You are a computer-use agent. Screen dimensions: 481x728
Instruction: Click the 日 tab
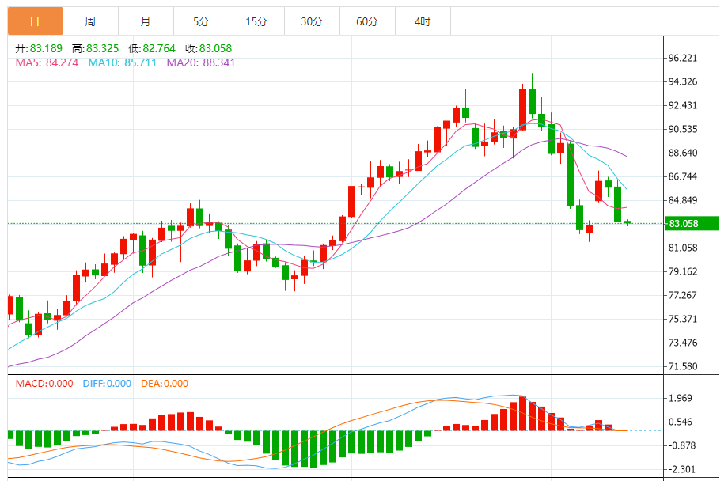coord(35,21)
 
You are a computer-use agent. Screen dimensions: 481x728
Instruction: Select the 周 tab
coord(90,21)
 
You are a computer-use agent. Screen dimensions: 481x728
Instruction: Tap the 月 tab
coord(146,21)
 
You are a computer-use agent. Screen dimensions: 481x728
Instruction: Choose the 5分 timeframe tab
coord(201,21)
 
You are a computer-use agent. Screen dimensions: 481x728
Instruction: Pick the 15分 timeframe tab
coord(256,21)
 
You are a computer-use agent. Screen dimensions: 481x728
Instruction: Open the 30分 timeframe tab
coord(312,21)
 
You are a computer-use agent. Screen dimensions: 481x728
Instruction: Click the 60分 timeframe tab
coord(367,21)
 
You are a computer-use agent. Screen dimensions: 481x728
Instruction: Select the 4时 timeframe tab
coord(423,21)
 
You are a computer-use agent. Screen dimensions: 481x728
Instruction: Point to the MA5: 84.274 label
coord(47,62)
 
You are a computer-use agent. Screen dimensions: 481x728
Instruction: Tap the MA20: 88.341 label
coord(201,62)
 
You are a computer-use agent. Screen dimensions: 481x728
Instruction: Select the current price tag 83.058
coord(684,224)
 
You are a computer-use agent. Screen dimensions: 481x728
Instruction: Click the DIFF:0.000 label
coord(107,384)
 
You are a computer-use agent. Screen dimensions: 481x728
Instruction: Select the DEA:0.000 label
coord(165,384)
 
